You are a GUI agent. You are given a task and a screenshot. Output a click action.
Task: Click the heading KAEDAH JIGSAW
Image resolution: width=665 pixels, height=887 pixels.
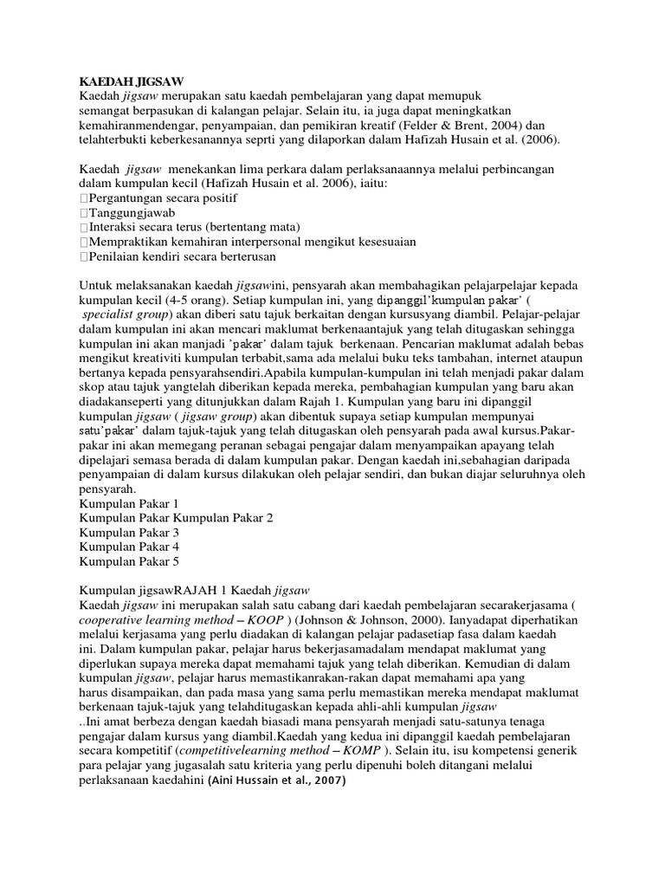pyautogui.click(x=128, y=80)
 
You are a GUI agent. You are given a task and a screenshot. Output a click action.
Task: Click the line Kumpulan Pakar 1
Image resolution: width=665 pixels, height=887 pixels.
pyautogui.click(x=129, y=502)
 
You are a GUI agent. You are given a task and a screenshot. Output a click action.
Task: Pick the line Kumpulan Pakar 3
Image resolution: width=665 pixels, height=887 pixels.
pyautogui.click(x=129, y=532)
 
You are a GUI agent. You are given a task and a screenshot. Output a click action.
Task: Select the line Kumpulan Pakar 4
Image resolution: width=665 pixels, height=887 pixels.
pyautogui.click(x=129, y=547)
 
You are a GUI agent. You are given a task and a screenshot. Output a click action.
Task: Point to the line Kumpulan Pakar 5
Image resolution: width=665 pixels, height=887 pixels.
pyautogui.click(x=129, y=561)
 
